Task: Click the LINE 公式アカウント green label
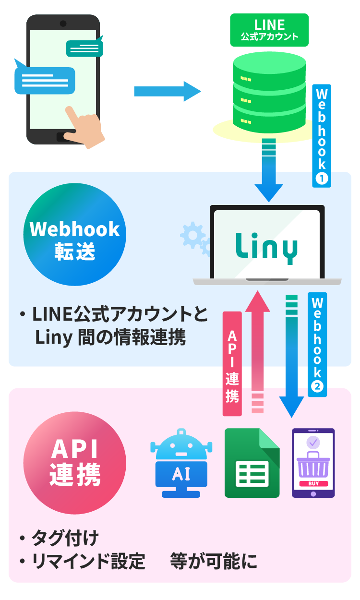269,29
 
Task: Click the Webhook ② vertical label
317,344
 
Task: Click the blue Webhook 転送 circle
74,235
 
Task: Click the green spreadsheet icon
252,463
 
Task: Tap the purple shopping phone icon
313,463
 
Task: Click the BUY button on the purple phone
313,483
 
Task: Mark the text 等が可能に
214,561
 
